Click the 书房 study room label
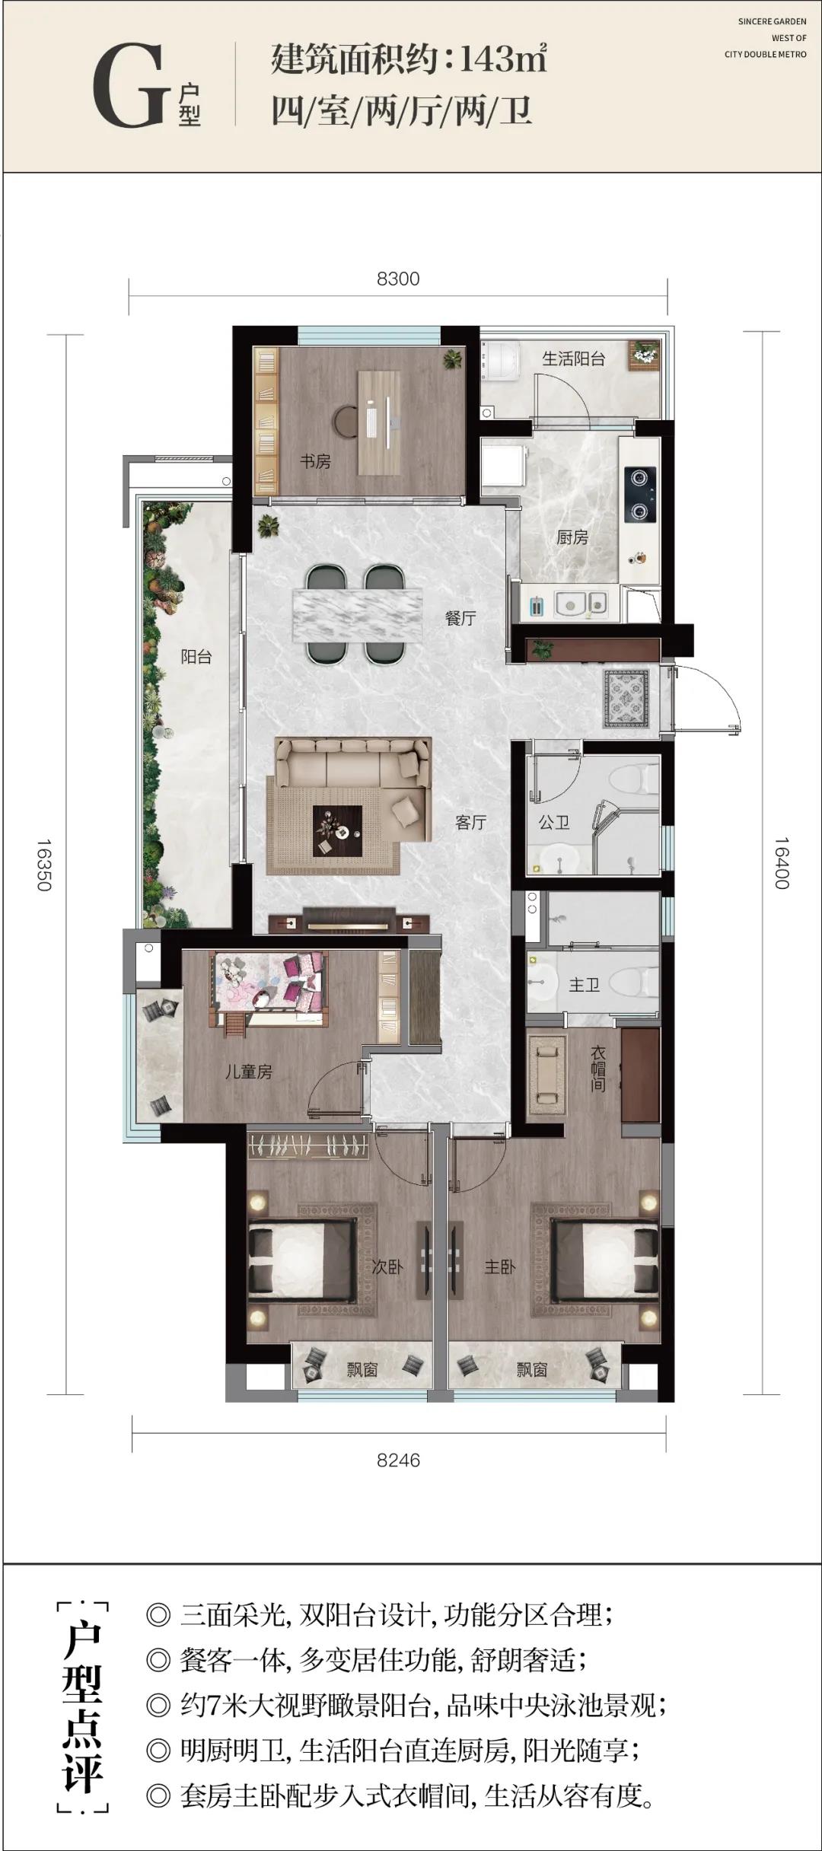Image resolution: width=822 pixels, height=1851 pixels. (x=315, y=461)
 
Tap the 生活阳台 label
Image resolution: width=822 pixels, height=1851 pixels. (x=573, y=358)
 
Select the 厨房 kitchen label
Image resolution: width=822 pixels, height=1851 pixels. (x=572, y=537)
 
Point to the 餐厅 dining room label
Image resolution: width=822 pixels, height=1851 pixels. (x=460, y=618)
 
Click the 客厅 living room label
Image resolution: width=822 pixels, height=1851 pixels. (x=470, y=822)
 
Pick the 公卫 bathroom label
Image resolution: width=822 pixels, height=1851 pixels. (x=554, y=822)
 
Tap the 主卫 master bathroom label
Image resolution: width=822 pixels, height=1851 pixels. (x=585, y=985)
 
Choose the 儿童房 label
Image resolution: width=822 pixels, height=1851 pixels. (x=248, y=1072)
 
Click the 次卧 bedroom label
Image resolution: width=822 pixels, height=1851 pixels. (x=387, y=1267)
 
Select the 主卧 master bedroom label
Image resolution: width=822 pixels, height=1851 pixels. (x=500, y=1267)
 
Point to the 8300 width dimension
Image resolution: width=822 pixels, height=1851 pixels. (x=398, y=279)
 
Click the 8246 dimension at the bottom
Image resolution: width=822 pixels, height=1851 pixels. (x=398, y=1461)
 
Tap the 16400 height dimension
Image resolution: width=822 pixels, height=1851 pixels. (x=782, y=863)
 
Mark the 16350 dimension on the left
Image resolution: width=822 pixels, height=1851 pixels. (x=43, y=865)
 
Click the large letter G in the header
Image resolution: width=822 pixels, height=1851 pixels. (x=129, y=85)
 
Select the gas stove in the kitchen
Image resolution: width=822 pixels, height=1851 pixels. (x=640, y=494)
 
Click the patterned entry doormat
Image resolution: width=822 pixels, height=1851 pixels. (x=626, y=698)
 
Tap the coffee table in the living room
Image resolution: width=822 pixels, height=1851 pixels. (x=338, y=831)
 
